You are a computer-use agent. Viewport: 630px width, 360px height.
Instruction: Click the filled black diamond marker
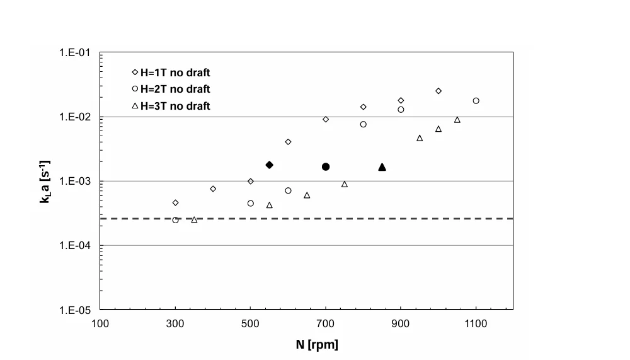click(x=270, y=165)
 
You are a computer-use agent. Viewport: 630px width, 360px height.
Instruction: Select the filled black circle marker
click(x=326, y=166)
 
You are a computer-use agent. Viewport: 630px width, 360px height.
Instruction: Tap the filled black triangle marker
click(x=382, y=167)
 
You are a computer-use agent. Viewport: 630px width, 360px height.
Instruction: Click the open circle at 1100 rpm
click(x=476, y=101)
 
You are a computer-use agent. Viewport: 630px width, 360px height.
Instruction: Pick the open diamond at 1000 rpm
click(x=438, y=91)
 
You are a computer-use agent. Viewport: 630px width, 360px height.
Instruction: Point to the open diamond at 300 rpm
click(x=176, y=203)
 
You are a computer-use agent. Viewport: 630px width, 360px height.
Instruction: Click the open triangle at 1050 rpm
click(x=457, y=120)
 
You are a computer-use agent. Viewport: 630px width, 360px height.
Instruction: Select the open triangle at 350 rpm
click(x=195, y=219)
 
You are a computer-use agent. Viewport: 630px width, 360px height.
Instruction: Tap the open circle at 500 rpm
click(x=251, y=204)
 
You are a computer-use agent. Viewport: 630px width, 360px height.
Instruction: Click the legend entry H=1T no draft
click(x=171, y=73)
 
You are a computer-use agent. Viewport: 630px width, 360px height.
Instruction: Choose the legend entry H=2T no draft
click(x=171, y=89)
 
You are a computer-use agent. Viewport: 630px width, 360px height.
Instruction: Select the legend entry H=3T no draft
click(x=171, y=106)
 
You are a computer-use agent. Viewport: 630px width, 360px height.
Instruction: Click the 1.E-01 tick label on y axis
click(x=75, y=53)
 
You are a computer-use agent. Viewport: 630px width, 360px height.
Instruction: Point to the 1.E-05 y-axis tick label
click(x=75, y=310)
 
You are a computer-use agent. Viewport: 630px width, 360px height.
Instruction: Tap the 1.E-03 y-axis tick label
click(x=75, y=182)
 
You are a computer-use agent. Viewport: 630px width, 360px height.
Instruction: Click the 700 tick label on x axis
click(x=326, y=324)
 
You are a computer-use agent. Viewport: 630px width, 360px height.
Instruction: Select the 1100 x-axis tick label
click(x=476, y=324)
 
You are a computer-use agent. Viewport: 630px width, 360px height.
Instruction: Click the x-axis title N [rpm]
click(x=317, y=345)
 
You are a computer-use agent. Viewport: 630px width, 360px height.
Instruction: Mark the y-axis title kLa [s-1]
click(x=45, y=182)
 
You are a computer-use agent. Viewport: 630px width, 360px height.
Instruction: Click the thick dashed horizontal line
click(x=307, y=218)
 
